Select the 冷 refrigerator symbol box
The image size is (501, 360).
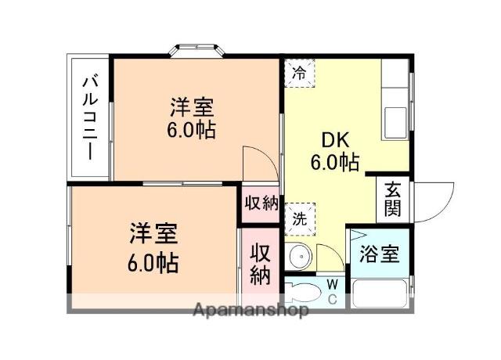(299, 73)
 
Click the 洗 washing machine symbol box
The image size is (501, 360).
(299, 218)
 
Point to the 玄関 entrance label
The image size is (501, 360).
(392, 200)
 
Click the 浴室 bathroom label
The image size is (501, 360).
(379, 254)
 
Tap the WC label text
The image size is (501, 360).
(333, 291)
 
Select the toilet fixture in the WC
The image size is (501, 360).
(303, 293)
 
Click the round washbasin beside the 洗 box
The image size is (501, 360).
(298, 256)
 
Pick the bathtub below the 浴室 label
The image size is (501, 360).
(379, 293)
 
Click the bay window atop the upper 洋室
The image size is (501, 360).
(198, 51)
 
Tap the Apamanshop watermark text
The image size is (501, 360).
(250, 309)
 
